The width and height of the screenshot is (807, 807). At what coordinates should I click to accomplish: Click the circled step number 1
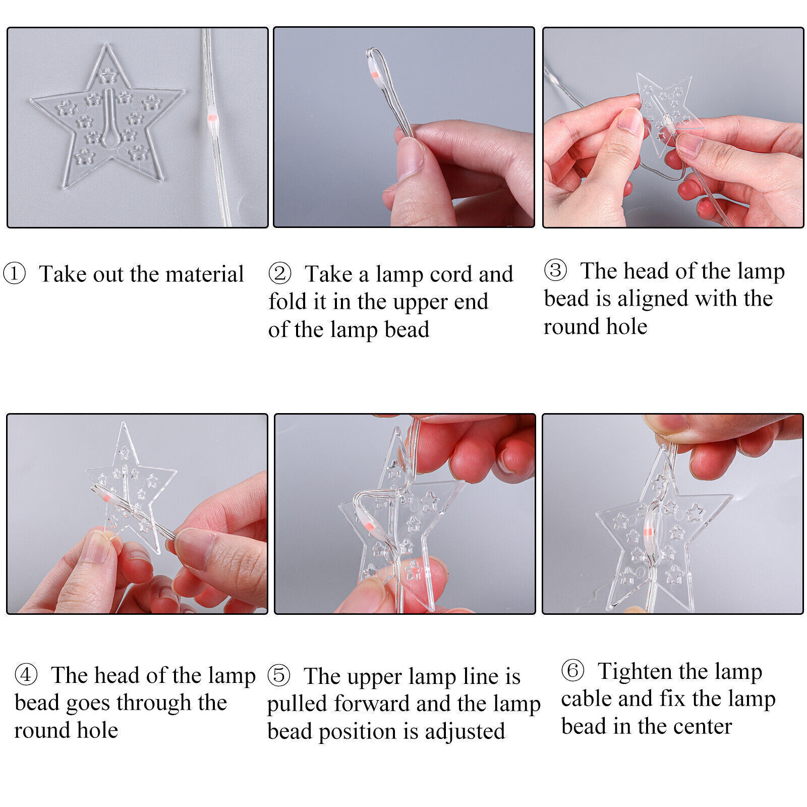click(14, 274)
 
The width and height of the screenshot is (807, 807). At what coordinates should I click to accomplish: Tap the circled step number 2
click(279, 274)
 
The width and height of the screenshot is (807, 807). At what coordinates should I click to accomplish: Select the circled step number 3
click(555, 270)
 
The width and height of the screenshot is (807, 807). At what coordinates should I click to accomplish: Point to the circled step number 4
click(26, 675)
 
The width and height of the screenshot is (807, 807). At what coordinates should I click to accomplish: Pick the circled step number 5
click(279, 676)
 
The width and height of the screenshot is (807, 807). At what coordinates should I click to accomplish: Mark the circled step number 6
click(572, 671)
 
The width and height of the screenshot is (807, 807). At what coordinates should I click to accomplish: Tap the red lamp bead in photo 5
click(369, 526)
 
